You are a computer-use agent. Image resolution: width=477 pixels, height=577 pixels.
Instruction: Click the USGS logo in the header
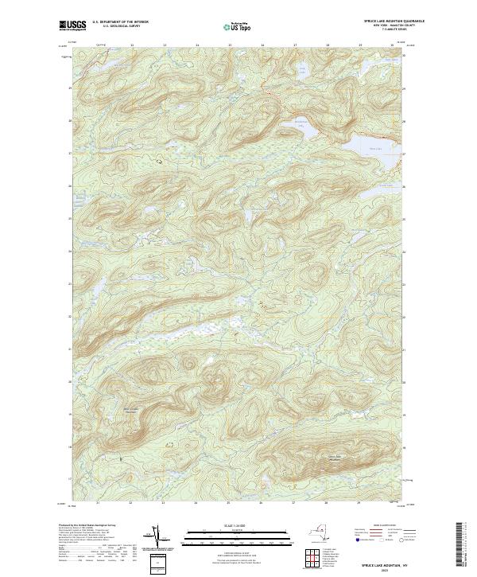click(x=73, y=26)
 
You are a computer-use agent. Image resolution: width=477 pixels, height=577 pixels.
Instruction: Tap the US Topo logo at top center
click(x=238, y=27)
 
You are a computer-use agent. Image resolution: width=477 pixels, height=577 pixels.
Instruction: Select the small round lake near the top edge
click(x=302, y=72)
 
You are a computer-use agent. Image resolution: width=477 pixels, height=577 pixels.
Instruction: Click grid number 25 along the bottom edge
click(x=228, y=503)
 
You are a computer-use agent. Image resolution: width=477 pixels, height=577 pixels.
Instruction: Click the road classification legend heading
click(x=374, y=526)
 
